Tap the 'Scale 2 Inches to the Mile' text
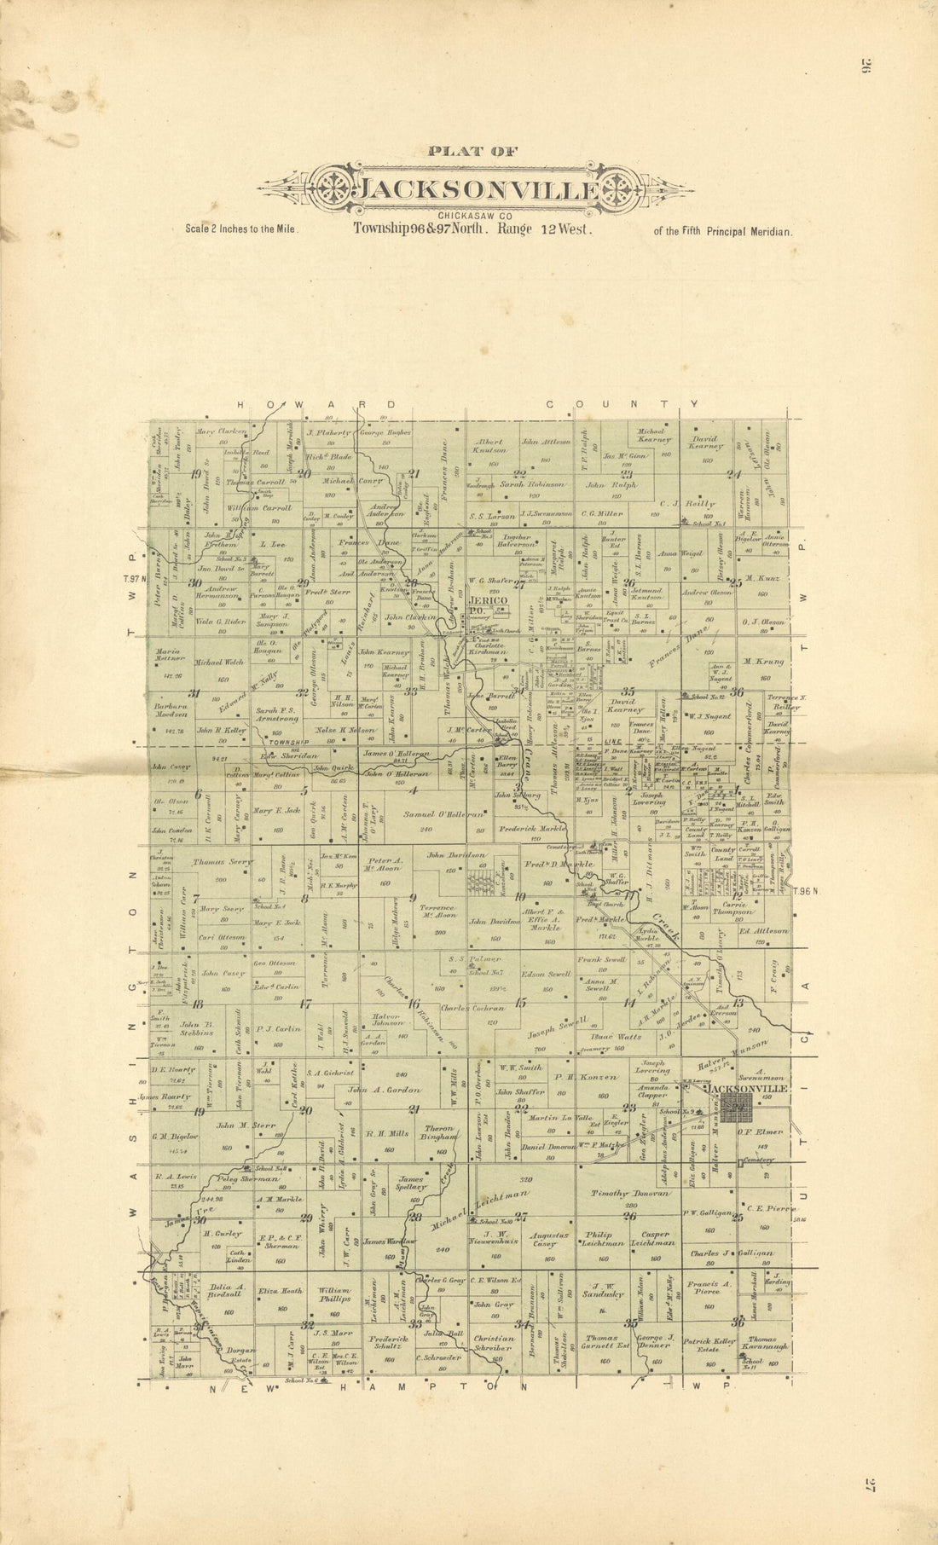click(x=241, y=229)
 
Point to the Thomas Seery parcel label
click(x=222, y=862)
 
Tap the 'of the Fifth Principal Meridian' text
click(x=722, y=230)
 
